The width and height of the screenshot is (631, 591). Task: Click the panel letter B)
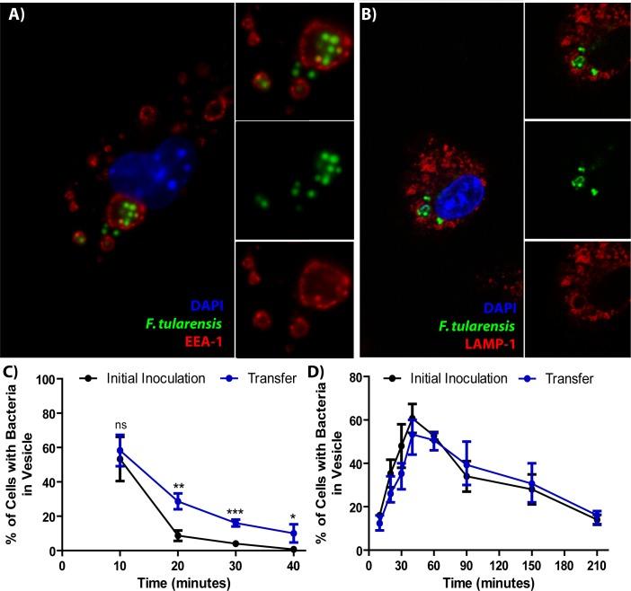372,15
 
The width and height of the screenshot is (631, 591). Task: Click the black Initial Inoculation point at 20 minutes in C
178,535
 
